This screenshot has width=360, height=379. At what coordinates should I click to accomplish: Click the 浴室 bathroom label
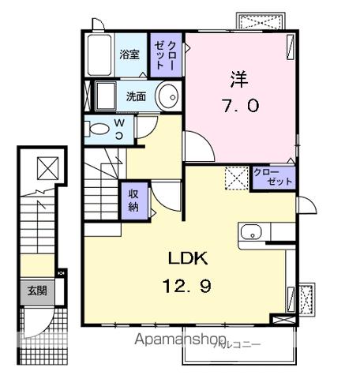[130, 54]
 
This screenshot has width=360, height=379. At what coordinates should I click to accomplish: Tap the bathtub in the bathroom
[100, 54]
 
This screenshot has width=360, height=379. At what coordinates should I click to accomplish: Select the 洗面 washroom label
[135, 97]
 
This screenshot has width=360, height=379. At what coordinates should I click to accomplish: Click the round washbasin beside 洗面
[168, 97]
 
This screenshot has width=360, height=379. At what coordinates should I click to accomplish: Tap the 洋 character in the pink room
[239, 79]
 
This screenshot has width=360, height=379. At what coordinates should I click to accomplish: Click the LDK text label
[187, 258]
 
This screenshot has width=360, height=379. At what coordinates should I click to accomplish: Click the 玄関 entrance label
[36, 291]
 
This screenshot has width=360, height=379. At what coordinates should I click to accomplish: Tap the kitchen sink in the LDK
[251, 233]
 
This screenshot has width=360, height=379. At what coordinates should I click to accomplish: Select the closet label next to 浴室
[167, 55]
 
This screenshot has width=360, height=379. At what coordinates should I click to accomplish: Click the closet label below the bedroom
[272, 177]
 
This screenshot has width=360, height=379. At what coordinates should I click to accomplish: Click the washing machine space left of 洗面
[105, 96]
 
